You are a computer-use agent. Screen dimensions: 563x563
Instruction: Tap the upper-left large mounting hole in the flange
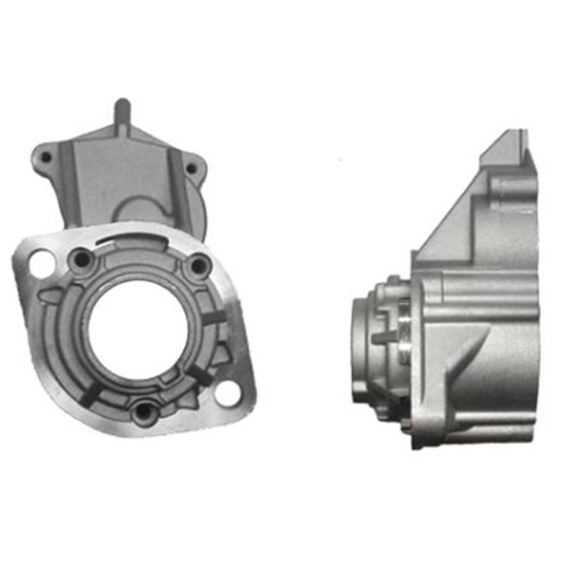pos(40,262)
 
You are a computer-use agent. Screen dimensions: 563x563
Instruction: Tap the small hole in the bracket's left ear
pos(46,157)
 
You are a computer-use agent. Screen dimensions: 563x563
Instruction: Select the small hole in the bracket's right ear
pos(191,168)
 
